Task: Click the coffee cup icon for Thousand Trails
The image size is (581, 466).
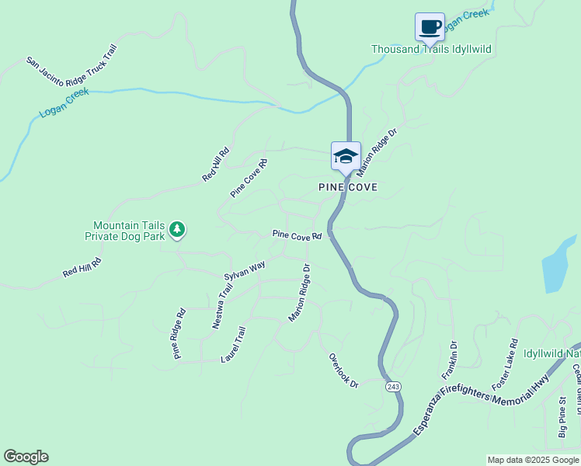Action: [x=430, y=27]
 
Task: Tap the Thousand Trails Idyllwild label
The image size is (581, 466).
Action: [x=431, y=50]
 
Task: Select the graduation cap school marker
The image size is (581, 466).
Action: [x=346, y=156]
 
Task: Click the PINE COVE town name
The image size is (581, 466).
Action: [x=348, y=187]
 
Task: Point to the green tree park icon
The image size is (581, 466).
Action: [x=178, y=228]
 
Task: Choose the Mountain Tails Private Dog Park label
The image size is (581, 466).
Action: [x=128, y=230]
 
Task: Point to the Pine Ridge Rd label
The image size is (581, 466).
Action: [x=179, y=334]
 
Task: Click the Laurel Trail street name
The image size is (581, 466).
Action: [x=233, y=344]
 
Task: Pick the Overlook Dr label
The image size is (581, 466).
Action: [x=343, y=370]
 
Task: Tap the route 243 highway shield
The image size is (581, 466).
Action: [x=393, y=386]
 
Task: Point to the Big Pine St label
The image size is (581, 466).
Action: [x=562, y=416]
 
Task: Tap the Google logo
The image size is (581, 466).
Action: [x=26, y=457]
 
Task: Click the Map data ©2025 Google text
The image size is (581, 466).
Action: [x=533, y=460]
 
